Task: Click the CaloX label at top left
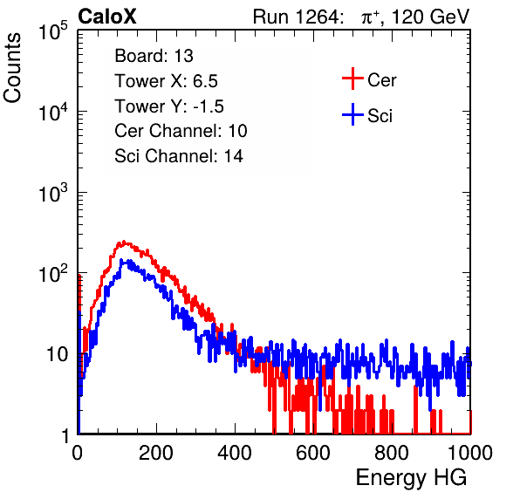point(106,17)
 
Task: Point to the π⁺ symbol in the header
point(370,17)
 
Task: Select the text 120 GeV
point(430,17)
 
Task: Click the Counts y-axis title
point(12,68)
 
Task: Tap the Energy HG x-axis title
point(411,478)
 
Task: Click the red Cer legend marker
point(352,79)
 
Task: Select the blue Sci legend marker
point(352,115)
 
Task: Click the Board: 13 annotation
point(154,56)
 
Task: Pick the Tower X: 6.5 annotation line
point(166,81)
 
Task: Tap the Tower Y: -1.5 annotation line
point(169,106)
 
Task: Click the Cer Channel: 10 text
point(181,131)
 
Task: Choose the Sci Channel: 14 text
point(179,156)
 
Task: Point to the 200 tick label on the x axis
point(156,453)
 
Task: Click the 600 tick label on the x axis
point(313,453)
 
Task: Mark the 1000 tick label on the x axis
point(470,453)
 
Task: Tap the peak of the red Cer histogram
point(124,242)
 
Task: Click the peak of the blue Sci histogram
point(121,260)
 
